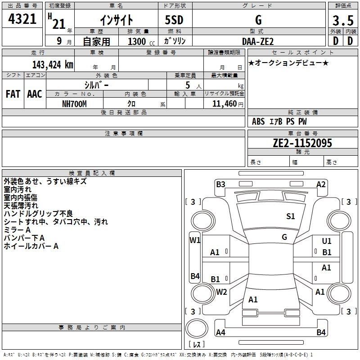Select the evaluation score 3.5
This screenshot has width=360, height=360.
tap(342, 20)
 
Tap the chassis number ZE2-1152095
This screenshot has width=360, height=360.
tap(302, 143)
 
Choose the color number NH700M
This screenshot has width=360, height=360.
tap(75, 103)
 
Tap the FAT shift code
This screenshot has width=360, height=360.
tap(13, 94)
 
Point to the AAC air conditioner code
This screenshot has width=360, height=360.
tap(35, 94)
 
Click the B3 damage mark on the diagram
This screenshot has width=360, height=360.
tap(220, 184)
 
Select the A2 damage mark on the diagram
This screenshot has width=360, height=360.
tap(321, 184)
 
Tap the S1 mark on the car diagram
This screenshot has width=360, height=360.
tap(291, 216)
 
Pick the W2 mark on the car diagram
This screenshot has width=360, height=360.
tap(221, 292)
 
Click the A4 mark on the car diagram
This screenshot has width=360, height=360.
tap(220, 333)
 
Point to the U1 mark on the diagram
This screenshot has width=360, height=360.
tap(326, 241)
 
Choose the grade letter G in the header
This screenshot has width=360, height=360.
tap(258, 20)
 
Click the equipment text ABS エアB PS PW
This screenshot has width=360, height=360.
tap(279, 121)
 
